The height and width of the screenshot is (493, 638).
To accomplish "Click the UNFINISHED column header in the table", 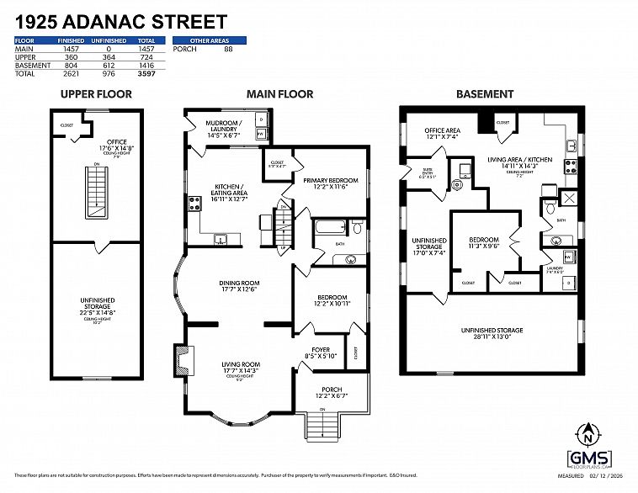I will [109, 40].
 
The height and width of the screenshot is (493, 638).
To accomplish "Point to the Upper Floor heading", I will [96, 94].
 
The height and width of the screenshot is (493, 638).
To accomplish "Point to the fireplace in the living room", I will [178, 360].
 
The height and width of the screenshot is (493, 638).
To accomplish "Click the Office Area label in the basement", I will [441, 133].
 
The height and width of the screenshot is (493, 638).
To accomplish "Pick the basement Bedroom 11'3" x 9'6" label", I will [484, 242].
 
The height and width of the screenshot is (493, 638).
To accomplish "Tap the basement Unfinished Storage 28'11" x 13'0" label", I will [492, 333].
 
